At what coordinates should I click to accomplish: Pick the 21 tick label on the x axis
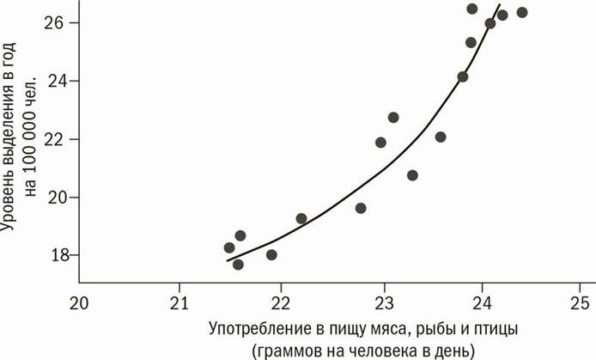[179, 302]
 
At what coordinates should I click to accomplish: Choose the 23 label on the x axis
[380, 302]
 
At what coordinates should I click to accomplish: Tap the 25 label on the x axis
[581, 302]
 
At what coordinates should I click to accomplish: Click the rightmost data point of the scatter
[522, 12]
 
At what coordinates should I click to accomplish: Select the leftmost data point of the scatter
[229, 247]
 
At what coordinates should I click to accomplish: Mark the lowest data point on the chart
[238, 264]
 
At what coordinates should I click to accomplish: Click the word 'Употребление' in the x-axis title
[257, 329]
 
